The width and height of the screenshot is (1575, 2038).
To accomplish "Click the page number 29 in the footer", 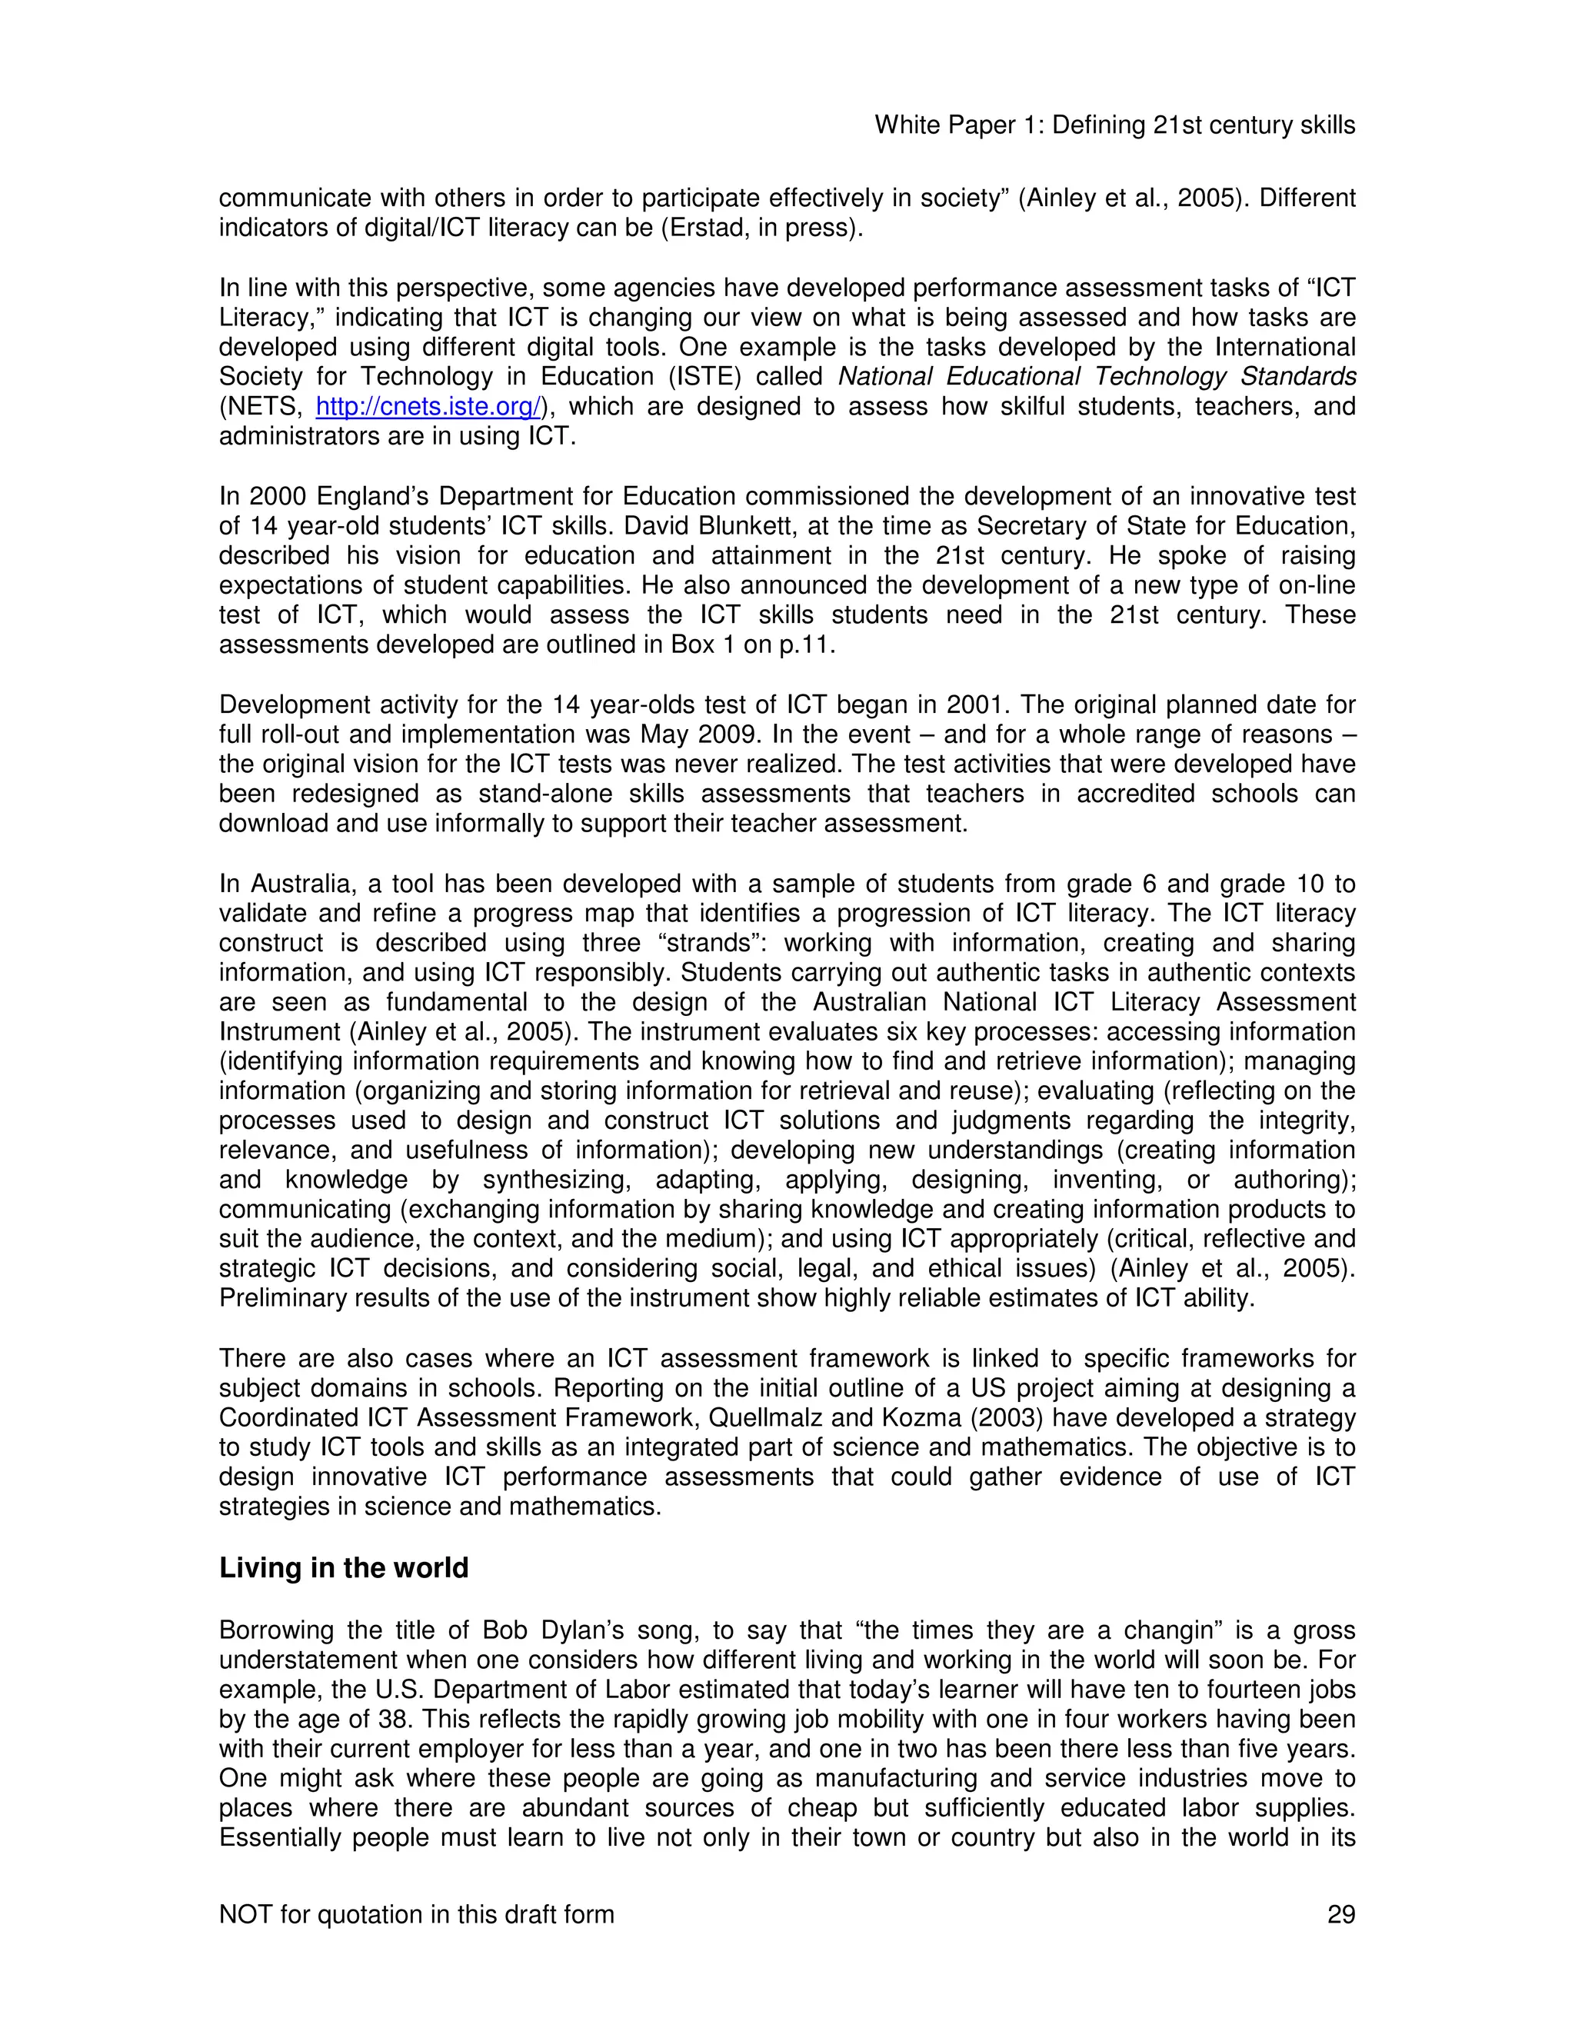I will [x=1340, y=1915].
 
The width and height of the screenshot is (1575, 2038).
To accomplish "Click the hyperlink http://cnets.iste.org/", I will [x=428, y=407].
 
